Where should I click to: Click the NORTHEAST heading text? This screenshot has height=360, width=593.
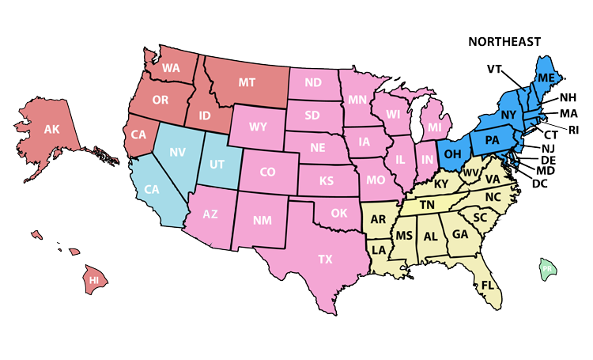pos(504,41)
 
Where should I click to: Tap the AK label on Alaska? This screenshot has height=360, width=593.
pos(51,129)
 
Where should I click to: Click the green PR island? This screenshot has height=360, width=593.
pos(546,269)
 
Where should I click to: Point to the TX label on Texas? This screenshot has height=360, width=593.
pos(325,259)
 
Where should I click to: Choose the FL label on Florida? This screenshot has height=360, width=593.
pos(487,284)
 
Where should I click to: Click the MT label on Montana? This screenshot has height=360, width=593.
pos(247,81)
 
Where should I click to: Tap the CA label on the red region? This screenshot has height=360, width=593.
pos(139,135)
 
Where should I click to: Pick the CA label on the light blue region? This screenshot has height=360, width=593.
pos(151,190)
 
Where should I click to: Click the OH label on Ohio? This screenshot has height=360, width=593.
pos(453,151)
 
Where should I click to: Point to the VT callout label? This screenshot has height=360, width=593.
pos(495,69)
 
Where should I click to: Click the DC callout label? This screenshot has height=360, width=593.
pos(540,184)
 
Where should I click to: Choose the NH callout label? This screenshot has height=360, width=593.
pos(568,98)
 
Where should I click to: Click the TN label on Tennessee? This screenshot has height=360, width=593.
pos(428,204)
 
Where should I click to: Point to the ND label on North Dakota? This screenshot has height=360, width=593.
pos(313,82)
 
